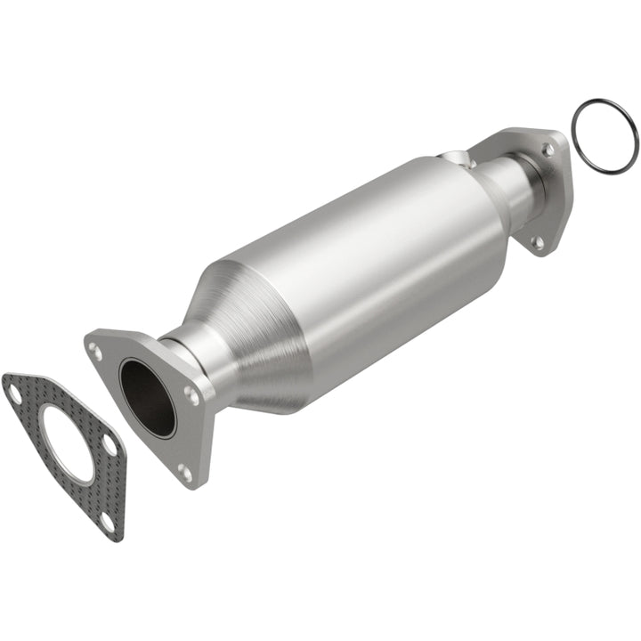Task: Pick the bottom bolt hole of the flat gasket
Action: pyautogui.click(x=108, y=522)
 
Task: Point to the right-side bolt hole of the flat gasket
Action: pyautogui.click(x=109, y=442)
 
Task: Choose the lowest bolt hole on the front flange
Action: pyautogui.click(x=184, y=473)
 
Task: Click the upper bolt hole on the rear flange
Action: pyautogui.click(x=548, y=150)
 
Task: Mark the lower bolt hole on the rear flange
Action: pyautogui.click(x=537, y=240)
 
